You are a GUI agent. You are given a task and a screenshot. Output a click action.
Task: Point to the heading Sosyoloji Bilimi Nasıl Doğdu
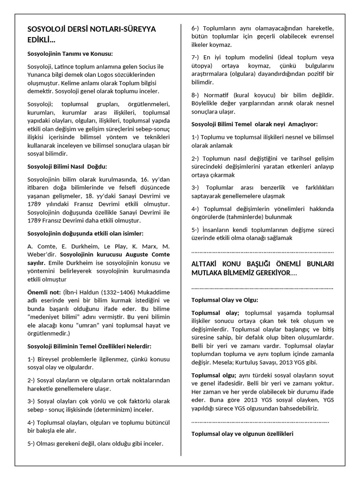click(67, 166)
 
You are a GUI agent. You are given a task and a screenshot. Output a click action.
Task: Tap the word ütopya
click(202, 65)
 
